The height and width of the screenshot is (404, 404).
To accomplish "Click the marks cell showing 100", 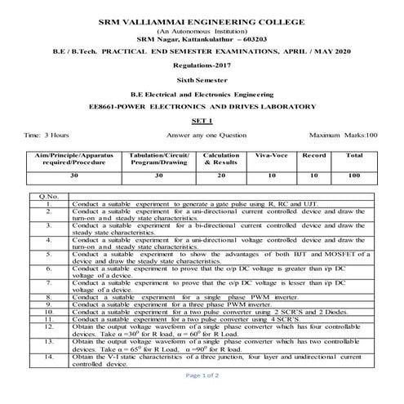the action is [x=354, y=175].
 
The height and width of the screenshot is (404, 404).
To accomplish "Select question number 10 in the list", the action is [x=49, y=312].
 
